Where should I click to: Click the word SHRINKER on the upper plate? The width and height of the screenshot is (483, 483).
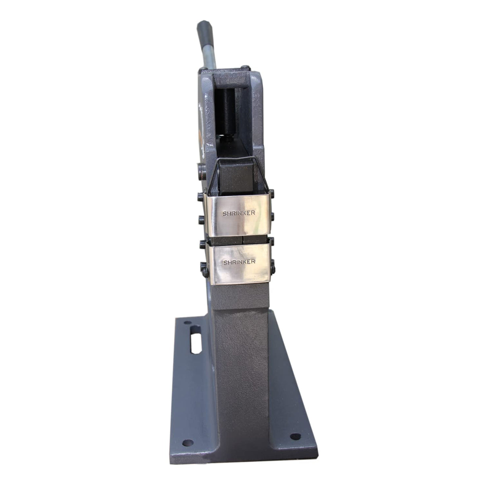pyautogui.click(x=239, y=213)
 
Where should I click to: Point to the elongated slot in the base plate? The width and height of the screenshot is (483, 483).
pyautogui.click(x=196, y=340)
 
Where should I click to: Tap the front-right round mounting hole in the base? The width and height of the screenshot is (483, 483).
pyautogui.click(x=295, y=436)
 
